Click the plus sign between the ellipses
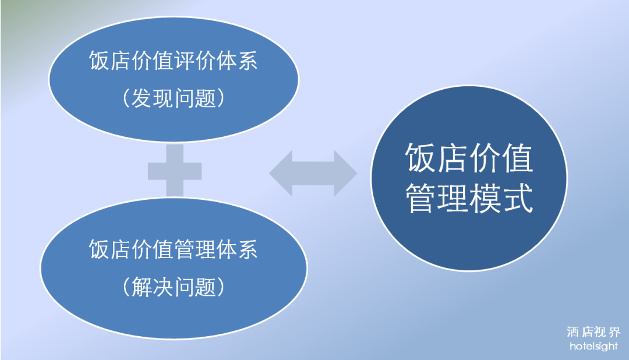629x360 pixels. [175, 171]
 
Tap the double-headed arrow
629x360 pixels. [313, 173]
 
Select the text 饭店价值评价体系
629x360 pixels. [174, 61]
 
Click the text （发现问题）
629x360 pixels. [174, 98]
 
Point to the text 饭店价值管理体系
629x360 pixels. [174, 249]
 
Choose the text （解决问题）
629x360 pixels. [174, 287]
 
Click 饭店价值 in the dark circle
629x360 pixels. [469, 158]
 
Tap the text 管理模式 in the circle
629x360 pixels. [469, 199]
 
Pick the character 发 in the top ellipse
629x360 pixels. [142, 98]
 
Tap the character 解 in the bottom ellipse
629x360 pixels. [142, 287]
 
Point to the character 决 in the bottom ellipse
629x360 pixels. [163, 287]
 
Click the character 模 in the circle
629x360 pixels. [486, 199]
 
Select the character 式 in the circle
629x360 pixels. [518, 199]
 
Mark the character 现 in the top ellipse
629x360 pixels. [163, 98]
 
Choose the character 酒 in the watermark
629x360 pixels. [573, 333]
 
